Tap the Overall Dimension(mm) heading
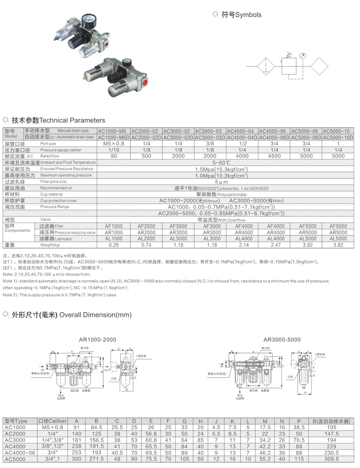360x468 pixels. [x=72, y=315]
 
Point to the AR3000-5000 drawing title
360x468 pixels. [x=282, y=339]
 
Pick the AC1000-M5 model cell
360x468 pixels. [x=113, y=131]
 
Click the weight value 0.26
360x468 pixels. [x=113, y=245]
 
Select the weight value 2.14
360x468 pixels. [x=242, y=245]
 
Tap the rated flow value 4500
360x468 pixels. [x=274, y=156]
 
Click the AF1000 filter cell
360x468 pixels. [x=113, y=226]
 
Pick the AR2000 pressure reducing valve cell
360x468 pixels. [x=146, y=232]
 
